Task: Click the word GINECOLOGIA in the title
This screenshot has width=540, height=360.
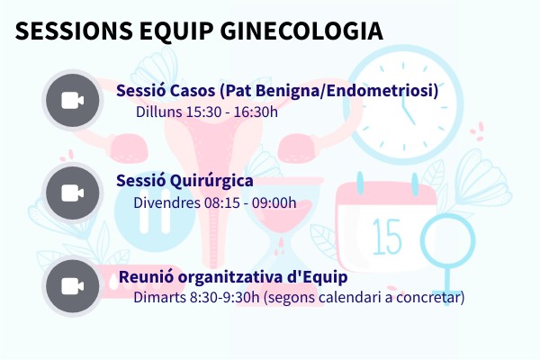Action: point(305,31)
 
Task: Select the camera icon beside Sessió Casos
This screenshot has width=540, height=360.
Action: point(72,99)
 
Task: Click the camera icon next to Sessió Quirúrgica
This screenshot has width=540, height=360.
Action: point(72,193)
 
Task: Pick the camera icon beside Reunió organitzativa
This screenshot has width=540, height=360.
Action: point(72,286)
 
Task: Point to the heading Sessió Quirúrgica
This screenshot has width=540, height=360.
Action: point(184,181)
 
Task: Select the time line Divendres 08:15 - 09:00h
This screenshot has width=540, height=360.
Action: point(214,202)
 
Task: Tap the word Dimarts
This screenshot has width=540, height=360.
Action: point(158,296)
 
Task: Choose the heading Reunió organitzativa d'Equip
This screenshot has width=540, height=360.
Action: point(233,276)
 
